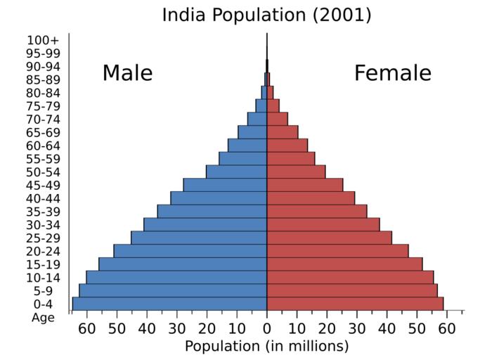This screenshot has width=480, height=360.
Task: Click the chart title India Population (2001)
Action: tap(266, 14)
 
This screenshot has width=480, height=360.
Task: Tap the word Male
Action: tap(127, 73)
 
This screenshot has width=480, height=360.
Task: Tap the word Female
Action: tap(392, 73)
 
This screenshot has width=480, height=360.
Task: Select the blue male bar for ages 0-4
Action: tap(169, 304)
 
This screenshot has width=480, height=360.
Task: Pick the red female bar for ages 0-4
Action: tap(355, 304)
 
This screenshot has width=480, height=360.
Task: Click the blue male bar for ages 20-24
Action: tap(190, 251)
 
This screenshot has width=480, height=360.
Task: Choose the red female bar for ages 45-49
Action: tap(304, 185)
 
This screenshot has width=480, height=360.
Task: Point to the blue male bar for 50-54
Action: tap(236, 172)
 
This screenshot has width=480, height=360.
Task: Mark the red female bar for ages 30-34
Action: tap(323, 224)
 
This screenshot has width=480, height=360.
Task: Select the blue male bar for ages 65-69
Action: tap(252, 132)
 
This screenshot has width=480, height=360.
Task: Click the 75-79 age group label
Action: tap(43, 106)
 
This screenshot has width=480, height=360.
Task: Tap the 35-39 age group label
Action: tap(43, 212)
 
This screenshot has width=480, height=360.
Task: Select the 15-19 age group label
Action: tap(43, 264)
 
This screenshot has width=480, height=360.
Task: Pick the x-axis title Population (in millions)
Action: tap(266, 346)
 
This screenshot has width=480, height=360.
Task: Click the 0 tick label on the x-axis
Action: tap(267, 328)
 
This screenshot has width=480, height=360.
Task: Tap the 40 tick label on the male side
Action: tap(146, 328)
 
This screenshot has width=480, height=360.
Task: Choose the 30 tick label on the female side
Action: tap(357, 328)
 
